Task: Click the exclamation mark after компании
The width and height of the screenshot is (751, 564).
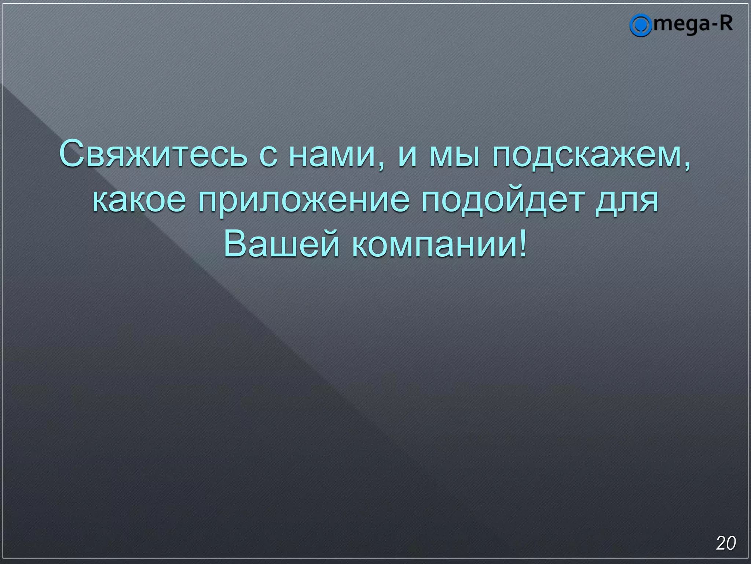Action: click(x=523, y=244)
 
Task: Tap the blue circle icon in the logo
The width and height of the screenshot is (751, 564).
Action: click(x=640, y=25)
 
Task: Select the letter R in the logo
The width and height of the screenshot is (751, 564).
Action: click(x=726, y=23)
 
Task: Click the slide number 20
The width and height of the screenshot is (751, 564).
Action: click(x=726, y=543)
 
